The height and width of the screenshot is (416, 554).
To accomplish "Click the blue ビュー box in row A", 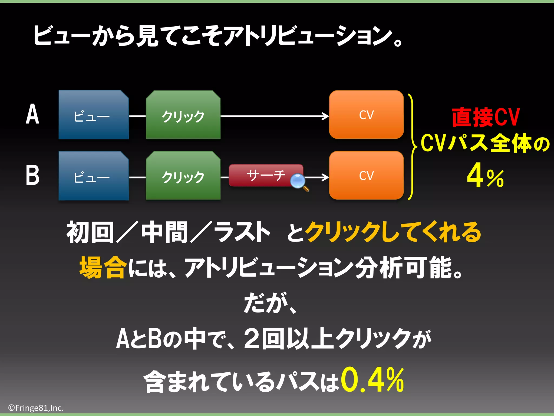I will coord(93,115).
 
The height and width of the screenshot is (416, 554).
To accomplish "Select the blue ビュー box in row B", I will coord(93,176).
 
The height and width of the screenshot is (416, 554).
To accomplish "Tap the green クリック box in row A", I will coord(183,115).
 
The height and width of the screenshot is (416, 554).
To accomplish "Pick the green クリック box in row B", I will coord(183,176).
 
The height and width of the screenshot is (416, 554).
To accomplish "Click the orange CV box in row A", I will coord(366,115).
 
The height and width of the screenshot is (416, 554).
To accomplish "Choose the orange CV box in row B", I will coord(366,175).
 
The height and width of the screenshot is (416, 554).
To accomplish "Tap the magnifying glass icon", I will coord(298,181).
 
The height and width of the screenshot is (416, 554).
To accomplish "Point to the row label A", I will coord(32,114).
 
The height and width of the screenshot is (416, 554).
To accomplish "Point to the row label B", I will coord(32,175).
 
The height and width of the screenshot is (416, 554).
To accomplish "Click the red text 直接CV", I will coord(486,117).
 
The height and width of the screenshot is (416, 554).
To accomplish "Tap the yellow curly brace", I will coord(412,147).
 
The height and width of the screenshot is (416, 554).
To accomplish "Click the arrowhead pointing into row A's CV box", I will coord(325,116).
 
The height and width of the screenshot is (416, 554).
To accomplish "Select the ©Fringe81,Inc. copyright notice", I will coord(36,408).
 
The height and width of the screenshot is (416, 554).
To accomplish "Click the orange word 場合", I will coord(103,268).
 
